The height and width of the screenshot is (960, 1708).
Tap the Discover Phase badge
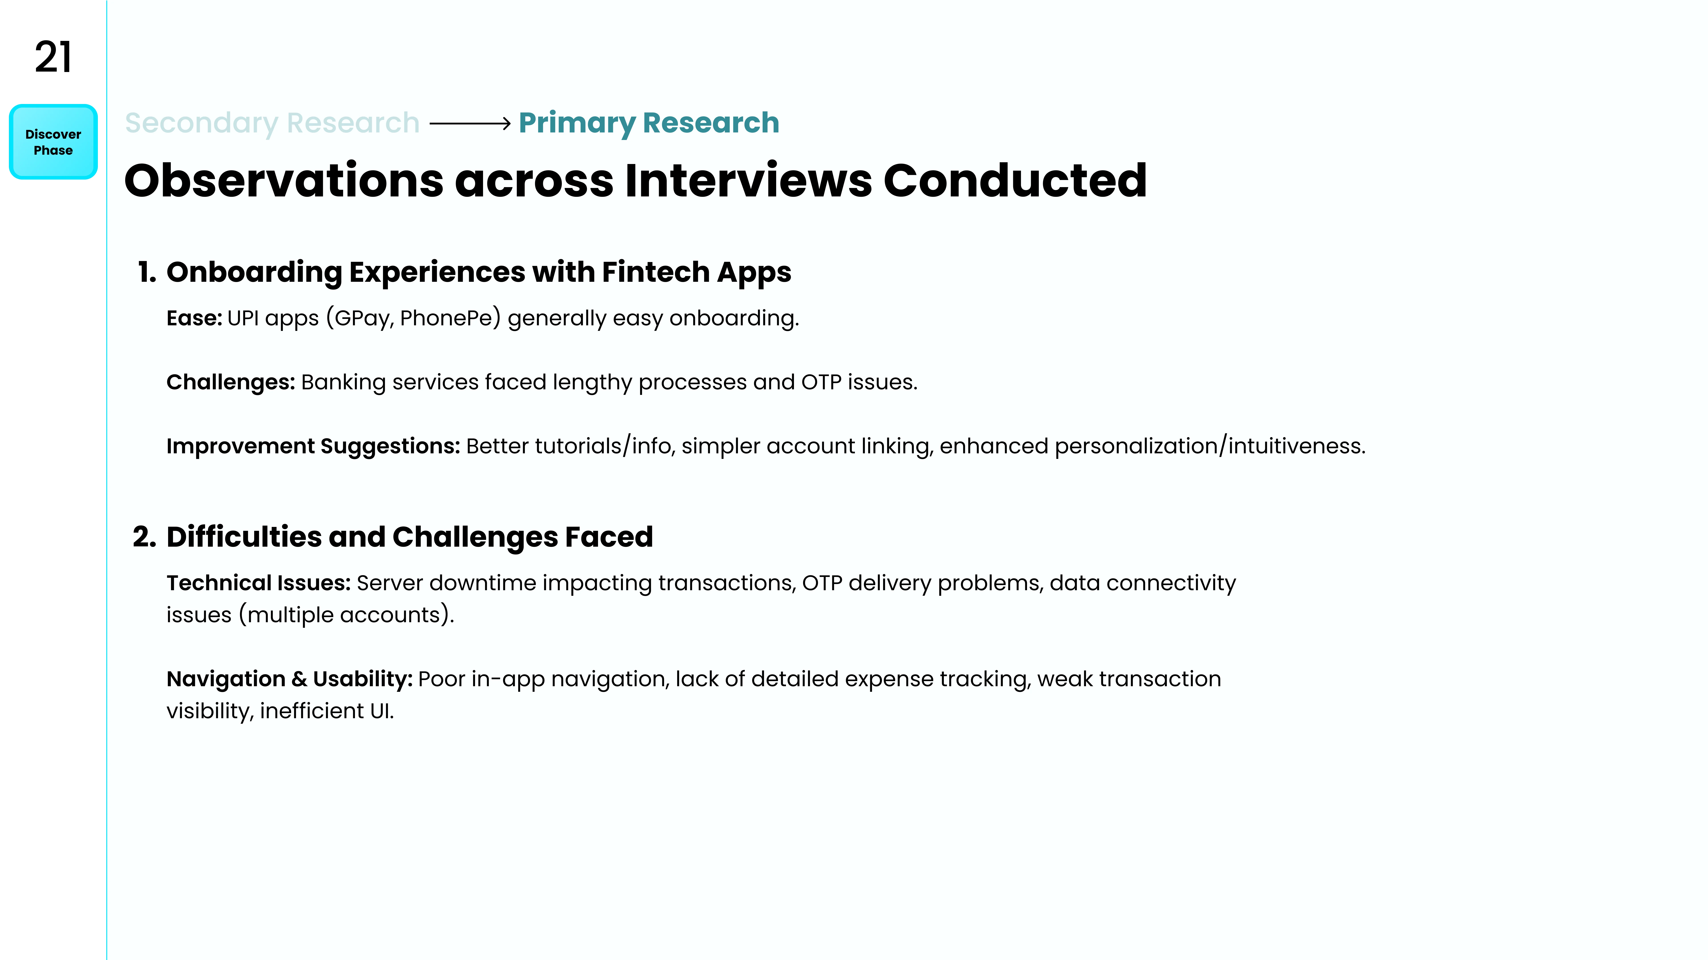tap(53, 142)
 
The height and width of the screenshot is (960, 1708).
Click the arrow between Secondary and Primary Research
tap(470, 123)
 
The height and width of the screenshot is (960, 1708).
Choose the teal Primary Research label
tap(649, 123)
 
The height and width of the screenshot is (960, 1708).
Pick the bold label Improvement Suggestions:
tap(313, 446)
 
